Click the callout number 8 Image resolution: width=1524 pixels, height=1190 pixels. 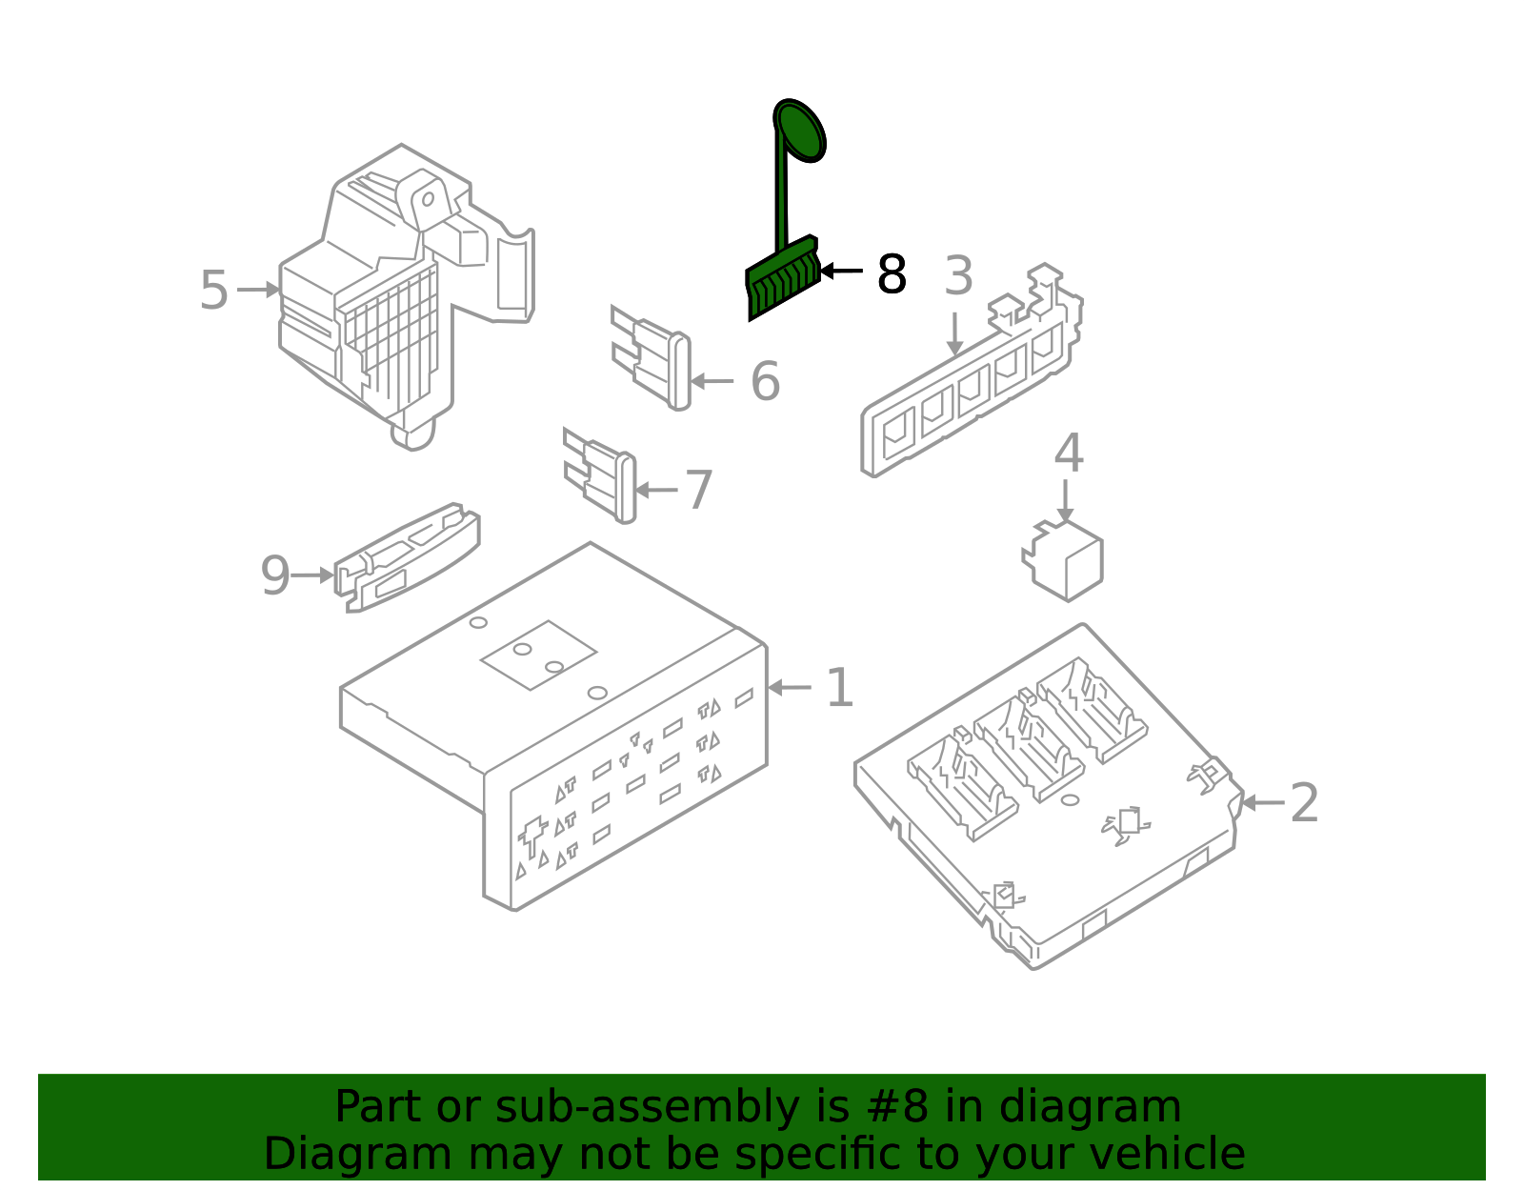click(x=892, y=274)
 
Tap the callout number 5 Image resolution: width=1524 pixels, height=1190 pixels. click(x=214, y=291)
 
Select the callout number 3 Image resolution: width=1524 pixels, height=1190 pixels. click(x=958, y=275)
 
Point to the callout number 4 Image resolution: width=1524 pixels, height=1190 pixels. click(x=1068, y=453)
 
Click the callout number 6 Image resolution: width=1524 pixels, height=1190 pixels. click(x=765, y=381)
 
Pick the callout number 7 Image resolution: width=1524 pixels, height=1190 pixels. click(x=698, y=490)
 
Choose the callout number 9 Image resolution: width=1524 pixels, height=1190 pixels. click(x=275, y=575)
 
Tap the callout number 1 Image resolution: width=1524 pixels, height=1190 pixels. click(x=840, y=688)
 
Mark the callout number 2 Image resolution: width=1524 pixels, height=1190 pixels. click(x=1305, y=803)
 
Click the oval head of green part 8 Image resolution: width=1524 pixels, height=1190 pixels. click(x=799, y=131)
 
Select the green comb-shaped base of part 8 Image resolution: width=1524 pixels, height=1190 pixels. click(x=782, y=277)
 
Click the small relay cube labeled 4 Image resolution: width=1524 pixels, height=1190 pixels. click(x=1063, y=561)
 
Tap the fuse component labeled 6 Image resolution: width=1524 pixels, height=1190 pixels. click(x=651, y=357)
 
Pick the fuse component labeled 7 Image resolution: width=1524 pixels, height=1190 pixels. click(x=600, y=475)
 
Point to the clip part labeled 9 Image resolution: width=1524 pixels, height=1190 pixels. click(x=407, y=558)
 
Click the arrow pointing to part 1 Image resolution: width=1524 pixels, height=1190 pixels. click(x=790, y=687)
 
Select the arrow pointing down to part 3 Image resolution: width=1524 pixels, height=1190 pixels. click(x=954, y=333)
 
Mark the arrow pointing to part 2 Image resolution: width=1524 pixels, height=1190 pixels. click(x=1263, y=803)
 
